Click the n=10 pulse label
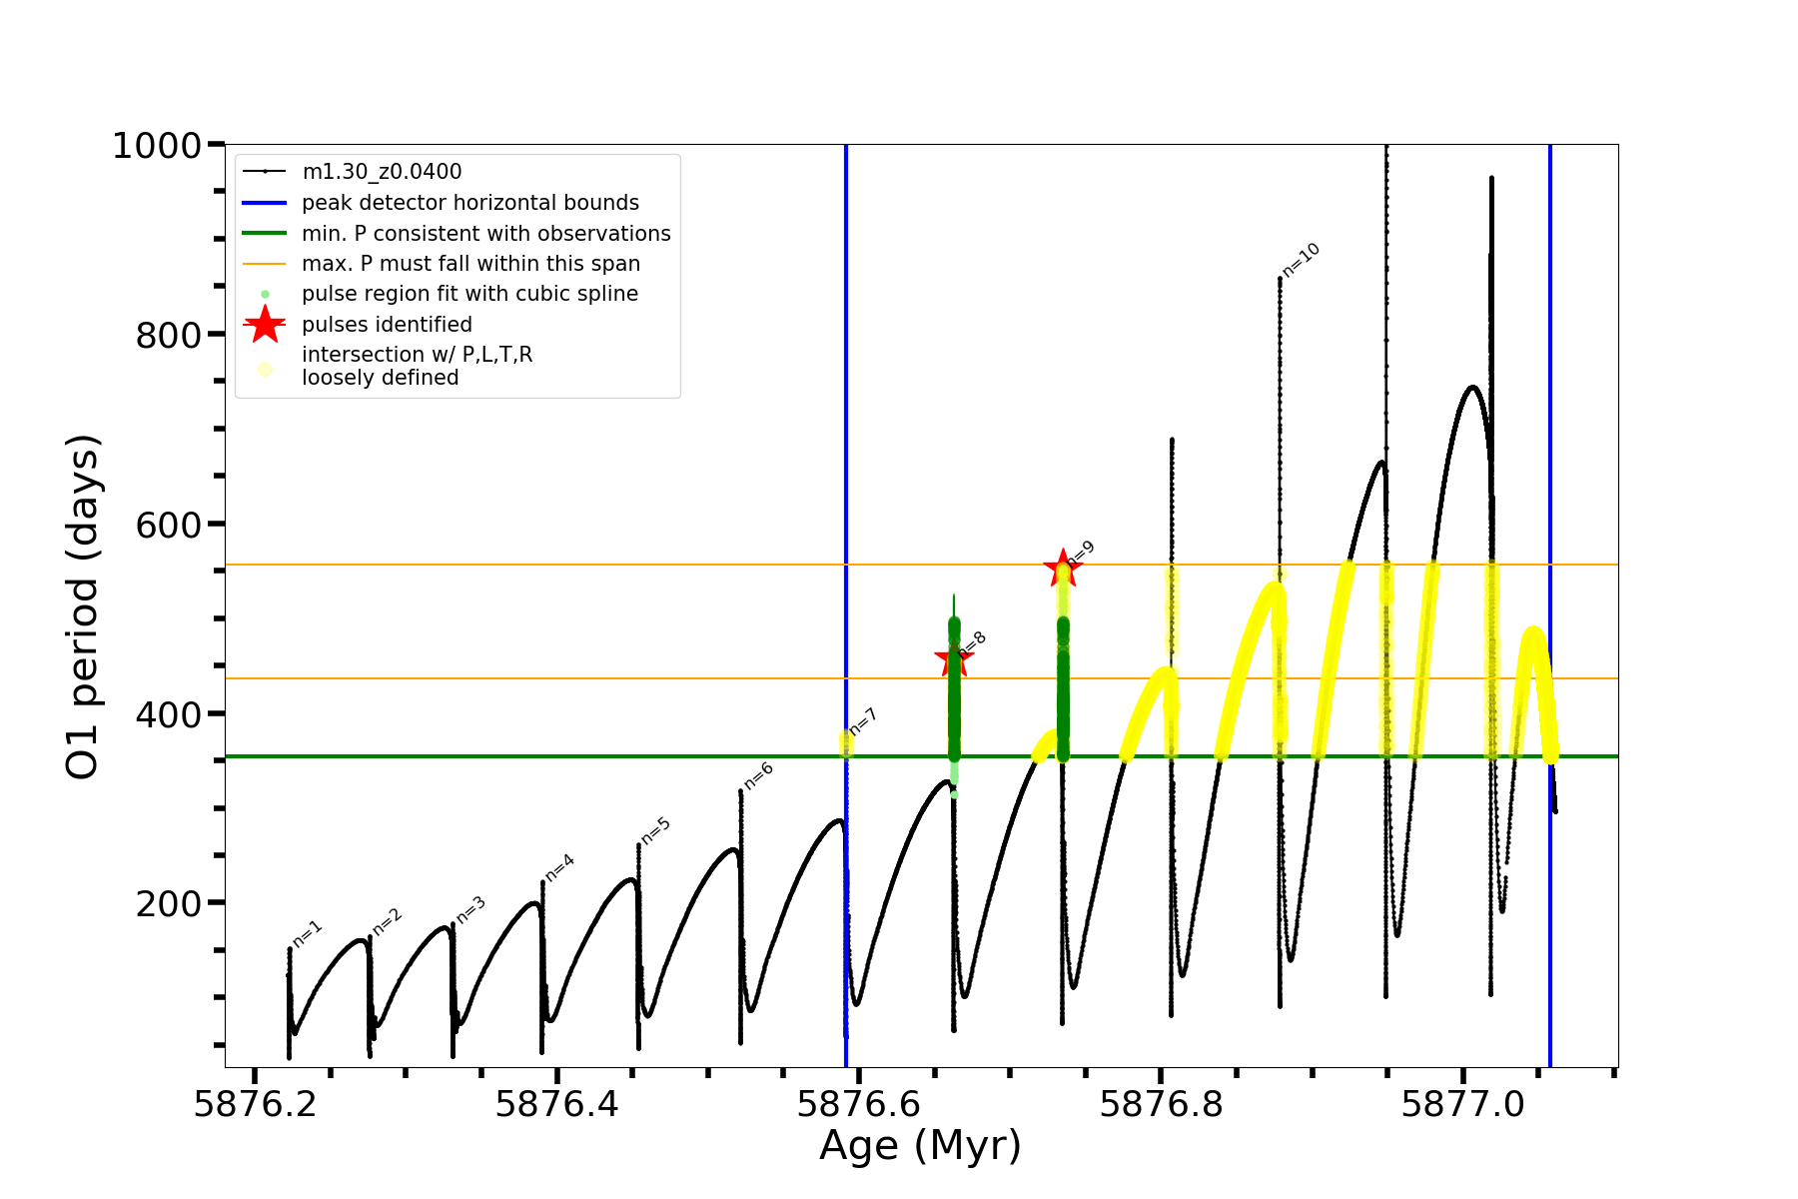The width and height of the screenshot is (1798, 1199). pyautogui.click(x=1302, y=260)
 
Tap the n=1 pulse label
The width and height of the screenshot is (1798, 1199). pyautogui.click(x=308, y=934)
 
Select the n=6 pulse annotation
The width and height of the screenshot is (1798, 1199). pyautogui.click(x=759, y=776)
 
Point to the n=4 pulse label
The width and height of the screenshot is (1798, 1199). pyautogui.click(x=559, y=867)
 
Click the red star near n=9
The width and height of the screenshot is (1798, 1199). pyautogui.click(x=1062, y=568)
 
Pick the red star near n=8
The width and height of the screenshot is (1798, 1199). pyautogui.click(x=953, y=659)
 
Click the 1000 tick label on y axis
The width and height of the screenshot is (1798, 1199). pyautogui.click(x=157, y=147)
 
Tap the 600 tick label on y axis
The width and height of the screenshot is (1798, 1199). pyautogui.click(x=169, y=525)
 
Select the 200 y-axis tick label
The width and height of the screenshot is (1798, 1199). pyautogui.click(x=169, y=903)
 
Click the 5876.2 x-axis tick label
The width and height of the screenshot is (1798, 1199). pyautogui.click(x=256, y=1104)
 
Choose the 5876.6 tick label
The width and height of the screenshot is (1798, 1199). pyautogui.click(x=858, y=1104)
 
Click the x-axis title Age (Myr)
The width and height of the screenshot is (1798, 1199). pyautogui.click(x=920, y=1146)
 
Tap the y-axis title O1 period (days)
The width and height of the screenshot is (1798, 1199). pyautogui.click(x=82, y=606)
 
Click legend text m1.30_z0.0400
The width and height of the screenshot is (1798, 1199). pyautogui.click(x=382, y=172)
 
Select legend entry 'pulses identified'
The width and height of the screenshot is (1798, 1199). pyautogui.click(x=387, y=325)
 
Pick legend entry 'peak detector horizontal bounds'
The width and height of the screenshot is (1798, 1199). pyautogui.click(x=469, y=203)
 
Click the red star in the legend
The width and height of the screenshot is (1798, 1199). pyautogui.click(x=265, y=325)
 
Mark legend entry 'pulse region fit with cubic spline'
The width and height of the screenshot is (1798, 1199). pyautogui.click(x=469, y=294)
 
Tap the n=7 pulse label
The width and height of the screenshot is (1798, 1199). pyautogui.click(x=863, y=721)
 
